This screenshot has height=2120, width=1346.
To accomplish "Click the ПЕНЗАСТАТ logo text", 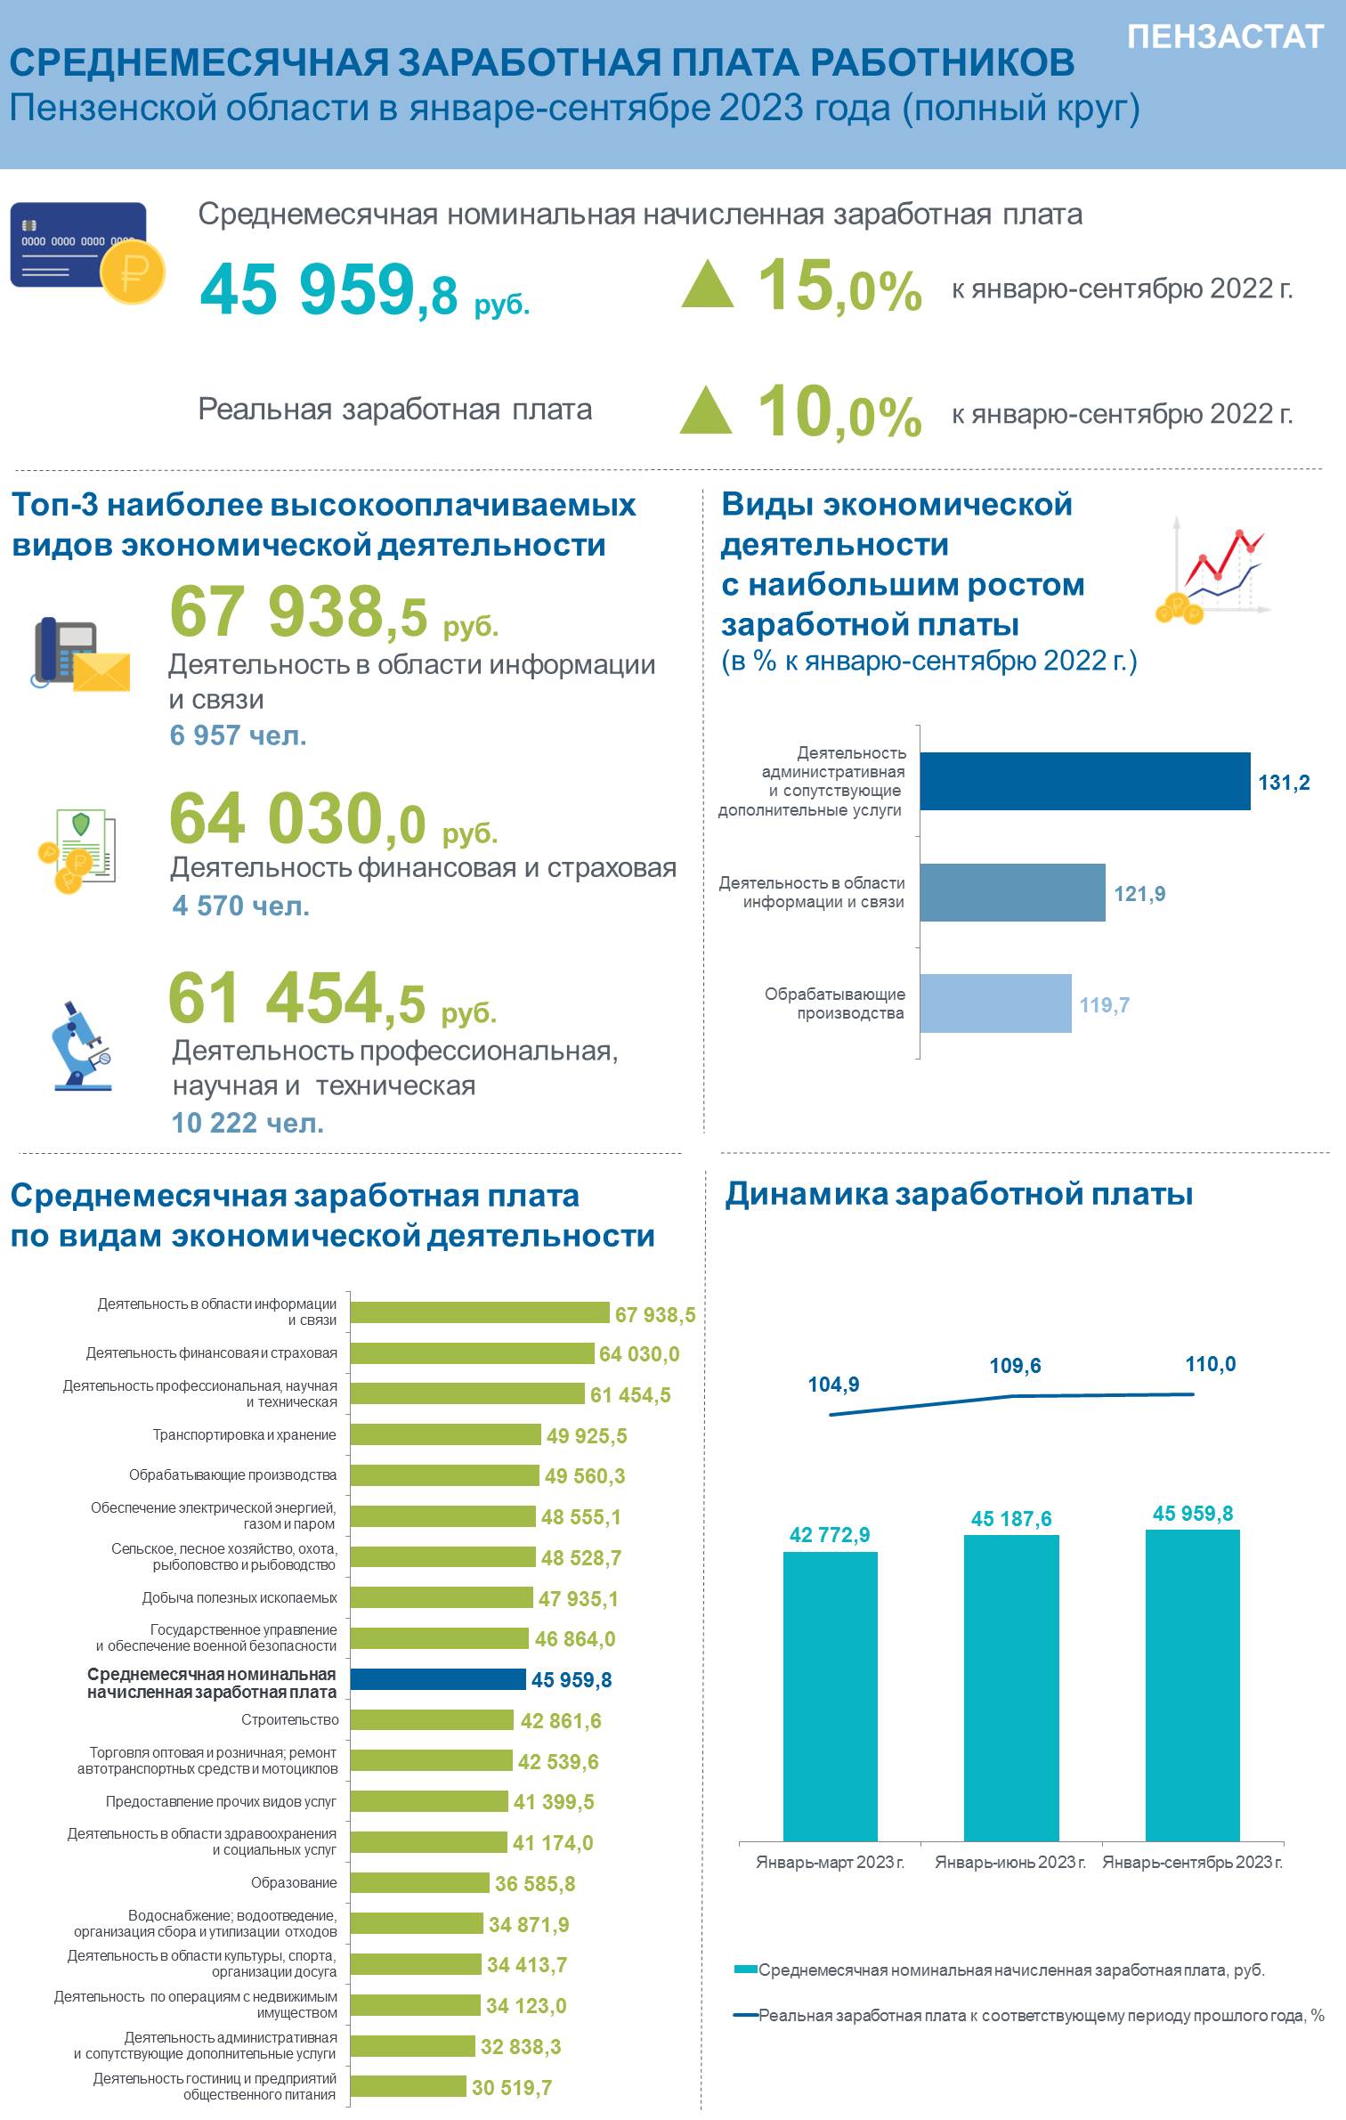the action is tap(1225, 37).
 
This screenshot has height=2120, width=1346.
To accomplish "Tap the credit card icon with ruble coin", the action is tap(88, 253).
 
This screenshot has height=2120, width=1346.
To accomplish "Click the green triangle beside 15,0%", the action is tap(708, 284).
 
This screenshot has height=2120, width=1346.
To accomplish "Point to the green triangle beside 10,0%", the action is tap(706, 410).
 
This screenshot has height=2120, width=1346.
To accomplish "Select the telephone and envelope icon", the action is tap(81, 654).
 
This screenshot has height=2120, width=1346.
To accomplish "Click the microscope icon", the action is tap(82, 1045).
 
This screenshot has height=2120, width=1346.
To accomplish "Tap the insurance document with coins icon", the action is tap(77, 850).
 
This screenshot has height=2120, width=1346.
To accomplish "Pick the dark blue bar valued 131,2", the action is tap(1085, 781).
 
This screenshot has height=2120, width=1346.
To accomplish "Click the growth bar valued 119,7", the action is tap(996, 1003).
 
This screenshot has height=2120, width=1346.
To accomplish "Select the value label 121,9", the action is tap(1139, 893).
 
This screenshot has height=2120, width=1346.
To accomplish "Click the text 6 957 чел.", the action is tap(239, 735).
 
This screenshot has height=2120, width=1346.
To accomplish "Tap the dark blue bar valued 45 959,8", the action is tap(438, 1678).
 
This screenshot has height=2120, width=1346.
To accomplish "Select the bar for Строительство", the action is tap(433, 1719).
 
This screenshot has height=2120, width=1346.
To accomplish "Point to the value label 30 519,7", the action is tap(512, 2087).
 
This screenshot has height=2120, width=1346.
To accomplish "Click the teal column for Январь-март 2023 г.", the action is tap(831, 1696).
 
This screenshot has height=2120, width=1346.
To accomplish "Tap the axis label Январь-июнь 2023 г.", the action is tap(1010, 1862).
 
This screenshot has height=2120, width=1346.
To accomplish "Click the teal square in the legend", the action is tap(746, 1970).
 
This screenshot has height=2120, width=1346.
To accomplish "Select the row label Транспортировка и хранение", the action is tap(245, 1434).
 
